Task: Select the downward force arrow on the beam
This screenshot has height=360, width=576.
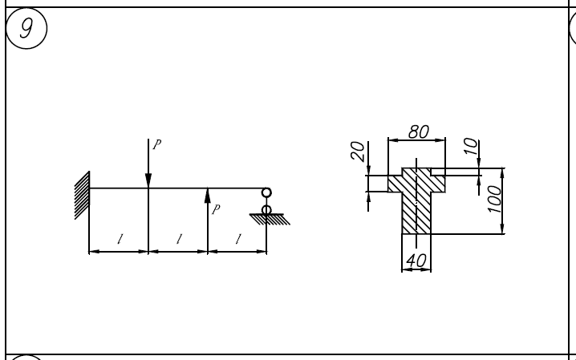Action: coord(148,164)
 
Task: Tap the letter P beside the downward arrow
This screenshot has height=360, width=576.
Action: coord(156,145)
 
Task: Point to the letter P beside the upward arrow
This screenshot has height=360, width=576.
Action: coord(214,210)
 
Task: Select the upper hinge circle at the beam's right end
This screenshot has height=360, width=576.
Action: coord(266,192)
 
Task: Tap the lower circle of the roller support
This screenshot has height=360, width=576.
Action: coord(266,209)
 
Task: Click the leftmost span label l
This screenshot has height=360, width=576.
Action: coord(120,238)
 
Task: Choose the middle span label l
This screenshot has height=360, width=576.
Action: coord(178,238)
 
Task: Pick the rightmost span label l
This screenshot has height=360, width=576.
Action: coord(237,238)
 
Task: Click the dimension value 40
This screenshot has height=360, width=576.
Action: coord(416,261)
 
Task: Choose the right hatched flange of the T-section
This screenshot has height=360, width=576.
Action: coord(437,182)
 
